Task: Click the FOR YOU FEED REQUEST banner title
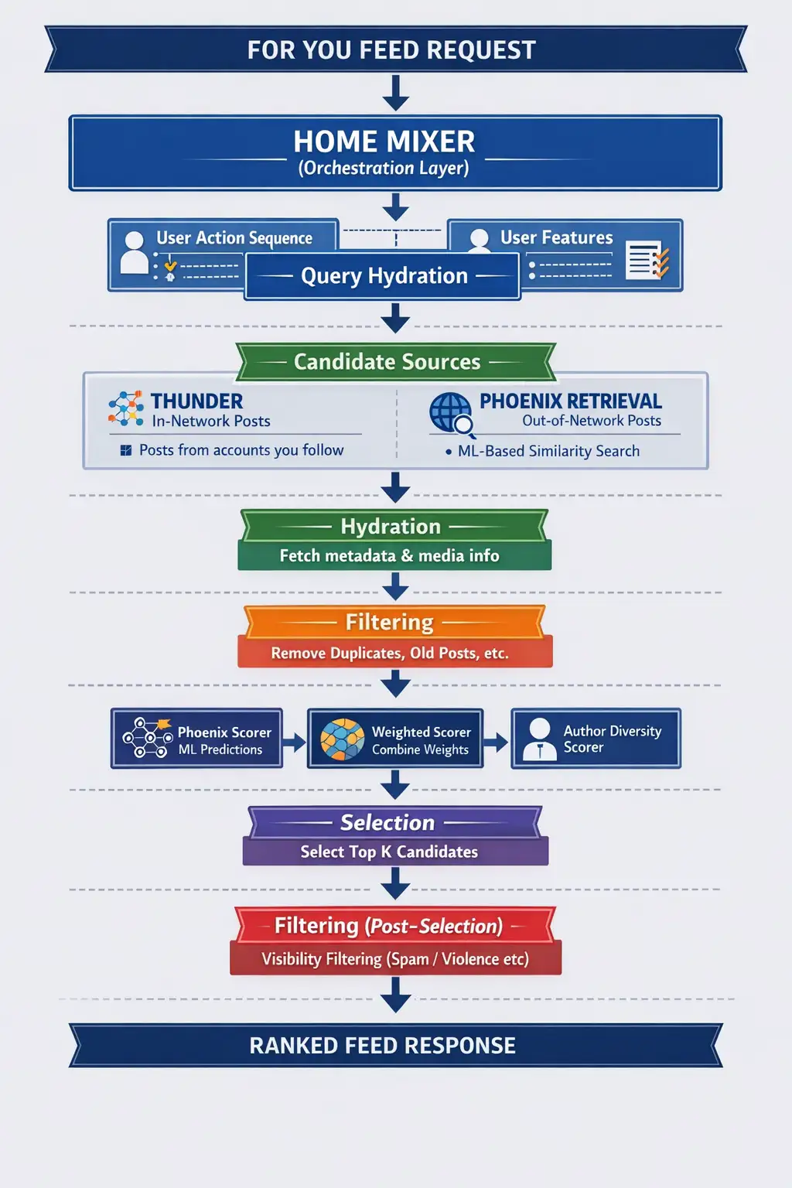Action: pyautogui.click(x=391, y=50)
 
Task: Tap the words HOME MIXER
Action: pyautogui.click(x=384, y=142)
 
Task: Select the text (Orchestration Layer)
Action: pyautogui.click(x=384, y=169)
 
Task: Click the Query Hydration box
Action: pyautogui.click(x=383, y=276)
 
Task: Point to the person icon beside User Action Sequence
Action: pyautogui.click(x=134, y=252)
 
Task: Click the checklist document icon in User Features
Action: pyautogui.click(x=647, y=260)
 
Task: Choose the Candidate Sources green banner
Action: pyautogui.click(x=387, y=362)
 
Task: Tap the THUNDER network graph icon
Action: pyautogui.click(x=126, y=408)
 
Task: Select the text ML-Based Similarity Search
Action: pyautogui.click(x=548, y=451)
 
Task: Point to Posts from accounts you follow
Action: pyautogui.click(x=241, y=450)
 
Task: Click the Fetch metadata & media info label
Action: pyautogui.click(x=389, y=555)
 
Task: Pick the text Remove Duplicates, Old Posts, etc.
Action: pyautogui.click(x=390, y=653)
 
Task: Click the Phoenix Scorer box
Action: pyautogui.click(x=196, y=739)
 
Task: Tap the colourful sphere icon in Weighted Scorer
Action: pyautogui.click(x=342, y=739)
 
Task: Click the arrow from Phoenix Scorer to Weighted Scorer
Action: pyautogui.click(x=295, y=742)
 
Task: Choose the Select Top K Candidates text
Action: pyautogui.click(x=389, y=852)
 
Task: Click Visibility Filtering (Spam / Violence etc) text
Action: pyautogui.click(x=395, y=959)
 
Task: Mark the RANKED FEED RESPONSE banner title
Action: pyautogui.click(x=382, y=1046)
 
